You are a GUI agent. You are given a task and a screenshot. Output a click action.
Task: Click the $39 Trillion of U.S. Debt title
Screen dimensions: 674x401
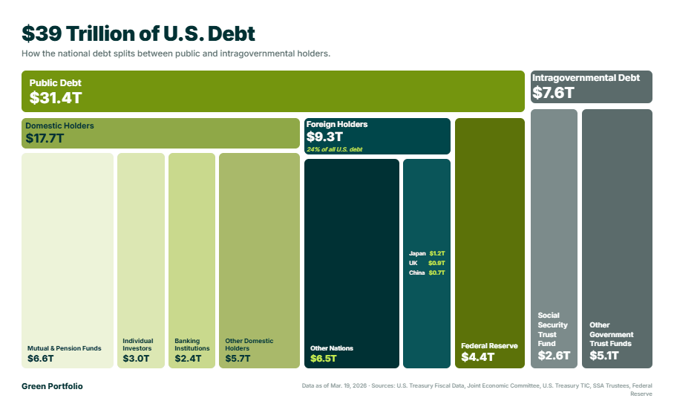[138, 33]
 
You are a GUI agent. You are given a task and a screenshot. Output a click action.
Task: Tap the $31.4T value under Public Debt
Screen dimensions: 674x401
[56, 98]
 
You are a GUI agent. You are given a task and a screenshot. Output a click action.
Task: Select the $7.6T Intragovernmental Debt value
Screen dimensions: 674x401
[553, 92]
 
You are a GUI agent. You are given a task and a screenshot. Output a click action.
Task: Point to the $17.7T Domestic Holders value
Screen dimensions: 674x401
[45, 138]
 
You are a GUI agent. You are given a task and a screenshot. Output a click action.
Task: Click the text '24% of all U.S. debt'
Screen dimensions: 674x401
[335, 149]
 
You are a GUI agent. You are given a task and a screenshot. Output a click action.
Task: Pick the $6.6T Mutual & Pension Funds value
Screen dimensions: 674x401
[40, 359]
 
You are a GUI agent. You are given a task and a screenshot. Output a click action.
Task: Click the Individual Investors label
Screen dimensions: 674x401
[137, 345]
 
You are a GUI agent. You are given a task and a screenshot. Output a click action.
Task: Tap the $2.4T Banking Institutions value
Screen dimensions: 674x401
[188, 359]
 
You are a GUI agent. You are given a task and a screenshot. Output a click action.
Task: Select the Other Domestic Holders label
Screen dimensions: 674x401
[249, 345]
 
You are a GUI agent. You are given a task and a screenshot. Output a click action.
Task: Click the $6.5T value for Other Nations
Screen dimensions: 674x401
[324, 359]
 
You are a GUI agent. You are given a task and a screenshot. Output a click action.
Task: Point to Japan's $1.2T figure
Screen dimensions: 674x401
[437, 253]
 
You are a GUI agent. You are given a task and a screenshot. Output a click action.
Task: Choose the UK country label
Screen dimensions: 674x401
[413, 263]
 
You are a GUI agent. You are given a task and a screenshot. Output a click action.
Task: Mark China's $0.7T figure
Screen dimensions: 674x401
[437, 273]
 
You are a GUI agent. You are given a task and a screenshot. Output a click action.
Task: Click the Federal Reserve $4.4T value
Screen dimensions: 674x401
[478, 356]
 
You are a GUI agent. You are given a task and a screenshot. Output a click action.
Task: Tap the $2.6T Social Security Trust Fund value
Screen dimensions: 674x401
[554, 356]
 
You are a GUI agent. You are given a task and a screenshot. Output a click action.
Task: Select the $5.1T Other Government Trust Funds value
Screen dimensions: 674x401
[604, 356]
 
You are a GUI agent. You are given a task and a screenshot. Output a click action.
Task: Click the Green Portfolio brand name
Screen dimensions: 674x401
[52, 386]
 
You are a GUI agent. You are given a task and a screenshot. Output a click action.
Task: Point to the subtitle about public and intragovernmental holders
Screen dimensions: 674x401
[176, 53]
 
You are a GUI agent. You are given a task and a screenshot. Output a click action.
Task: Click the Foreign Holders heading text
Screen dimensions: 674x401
[337, 124]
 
